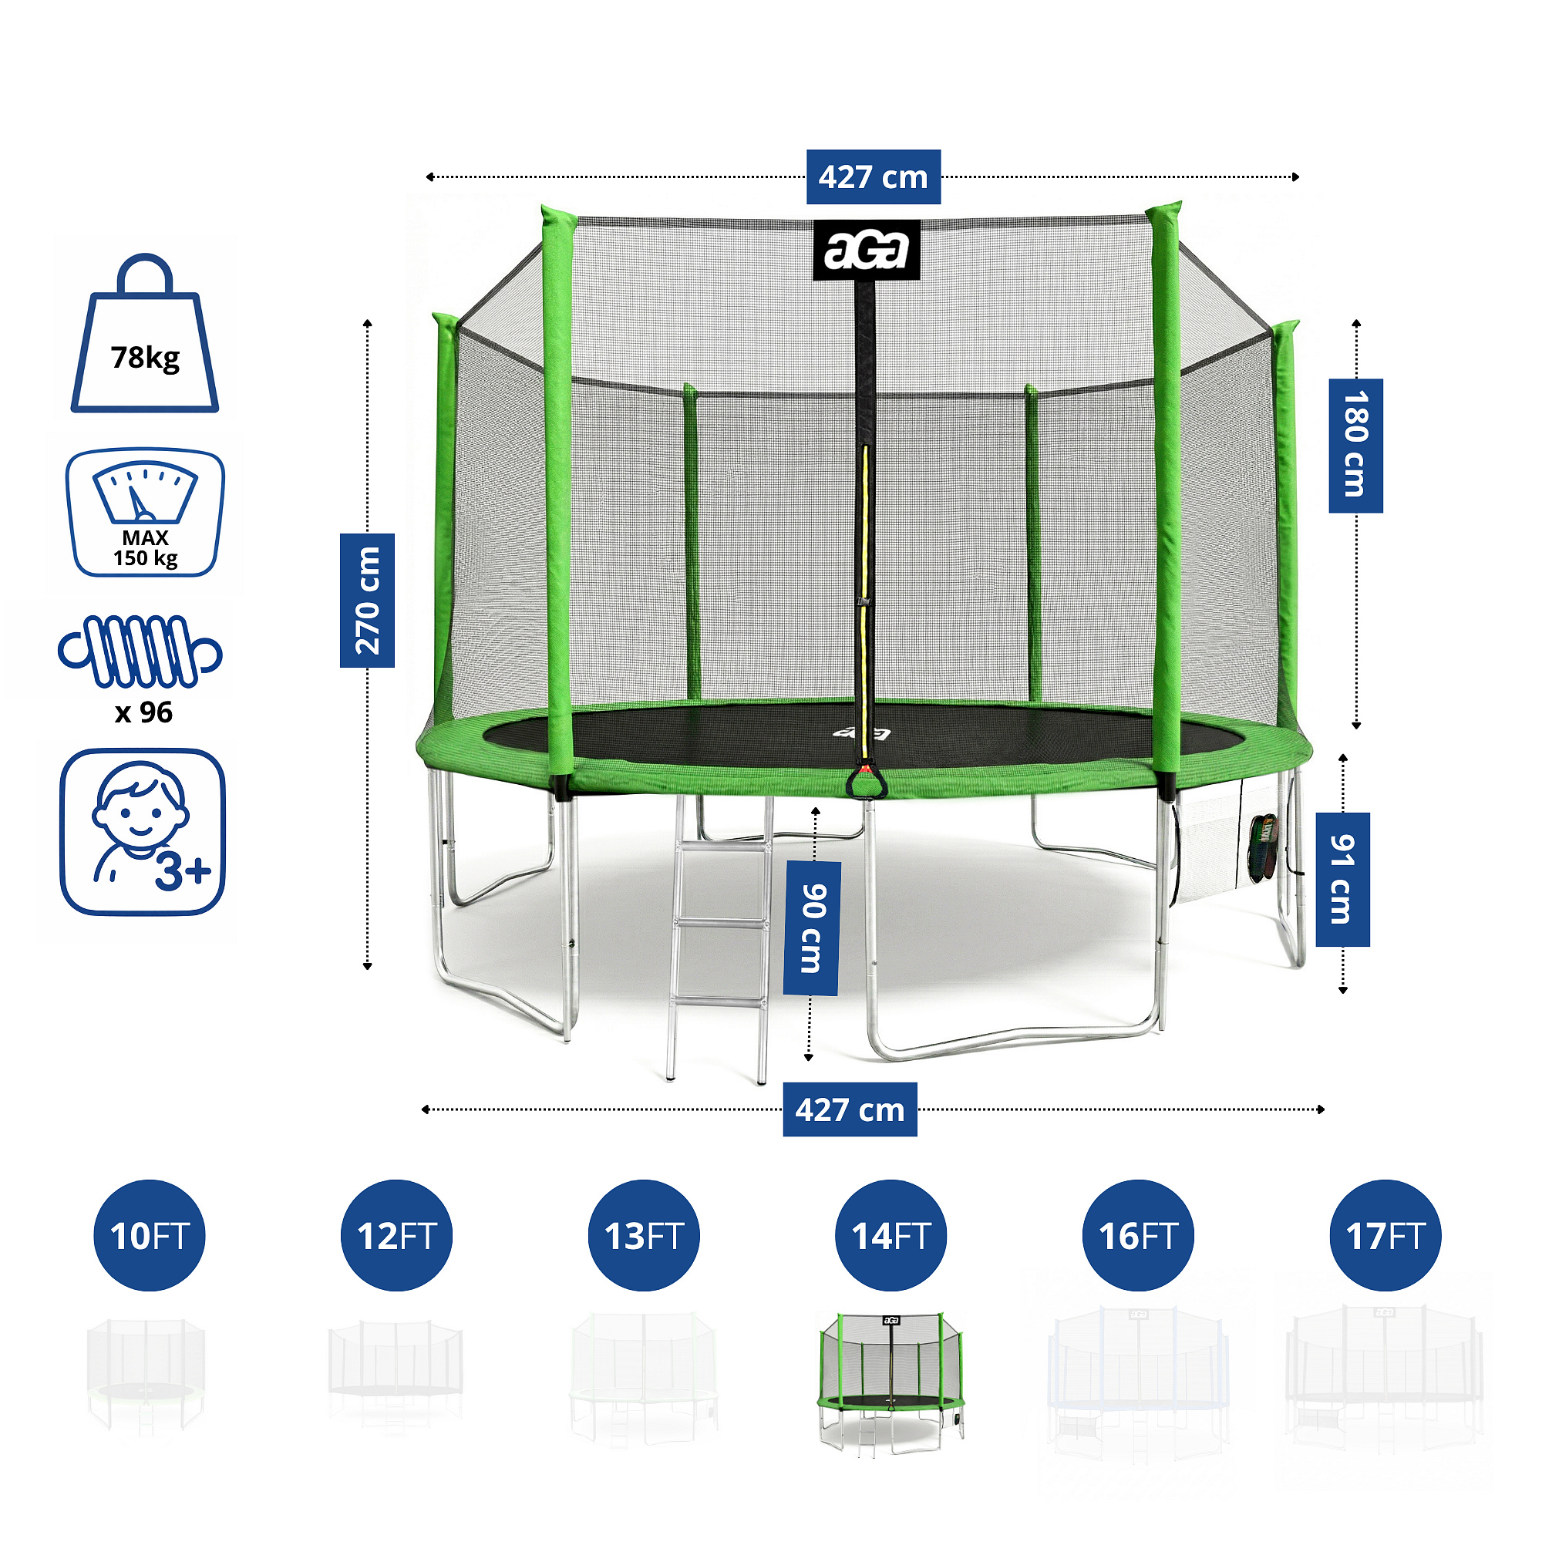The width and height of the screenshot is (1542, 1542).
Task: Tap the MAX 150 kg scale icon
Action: tap(144, 513)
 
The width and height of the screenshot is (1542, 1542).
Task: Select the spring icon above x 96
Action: tap(140, 651)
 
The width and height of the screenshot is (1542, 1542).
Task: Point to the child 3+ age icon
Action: tap(143, 831)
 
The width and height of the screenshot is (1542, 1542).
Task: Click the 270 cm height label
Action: tap(367, 600)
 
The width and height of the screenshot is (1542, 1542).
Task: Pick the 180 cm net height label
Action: tap(1355, 446)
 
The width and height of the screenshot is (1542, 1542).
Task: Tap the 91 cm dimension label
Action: tap(1342, 880)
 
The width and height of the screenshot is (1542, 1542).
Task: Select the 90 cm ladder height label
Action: tap(812, 928)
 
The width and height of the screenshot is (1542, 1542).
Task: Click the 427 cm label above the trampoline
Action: tap(874, 177)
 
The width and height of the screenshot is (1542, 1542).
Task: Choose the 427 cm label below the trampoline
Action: tap(850, 1109)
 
